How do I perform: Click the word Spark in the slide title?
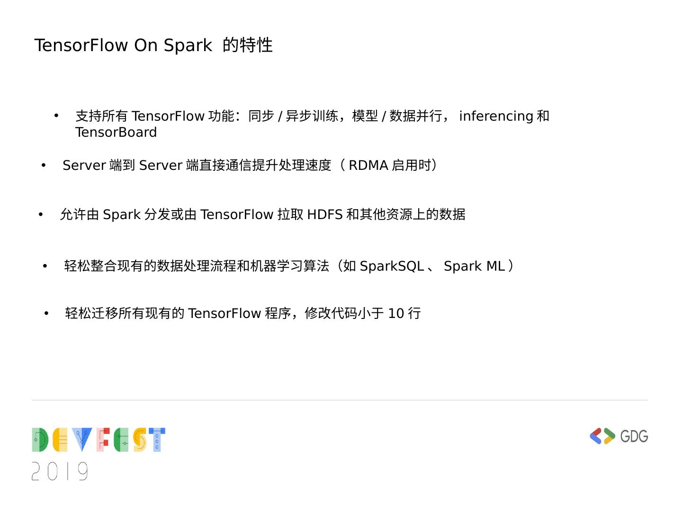(x=188, y=45)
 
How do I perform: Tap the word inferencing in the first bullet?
(x=496, y=116)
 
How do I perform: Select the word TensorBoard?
(x=116, y=132)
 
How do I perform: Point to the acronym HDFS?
(x=324, y=215)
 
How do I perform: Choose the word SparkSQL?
(x=392, y=266)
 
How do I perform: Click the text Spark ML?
(x=474, y=266)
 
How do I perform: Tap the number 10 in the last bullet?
(x=396, y=313)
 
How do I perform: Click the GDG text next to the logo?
(x=634, y=436)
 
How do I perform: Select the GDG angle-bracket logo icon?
(x=602, y=436)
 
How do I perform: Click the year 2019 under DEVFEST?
(x=60, y=471)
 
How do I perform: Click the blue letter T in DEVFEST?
(x=157, y=440)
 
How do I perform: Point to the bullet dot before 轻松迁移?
(x=46, y=313)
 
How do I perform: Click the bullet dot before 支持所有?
(x=56, y=115)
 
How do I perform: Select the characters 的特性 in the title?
(x=248, y=45)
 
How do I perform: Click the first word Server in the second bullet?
(x=84, y=165)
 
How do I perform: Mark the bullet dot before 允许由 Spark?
(x=41, y=215)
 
